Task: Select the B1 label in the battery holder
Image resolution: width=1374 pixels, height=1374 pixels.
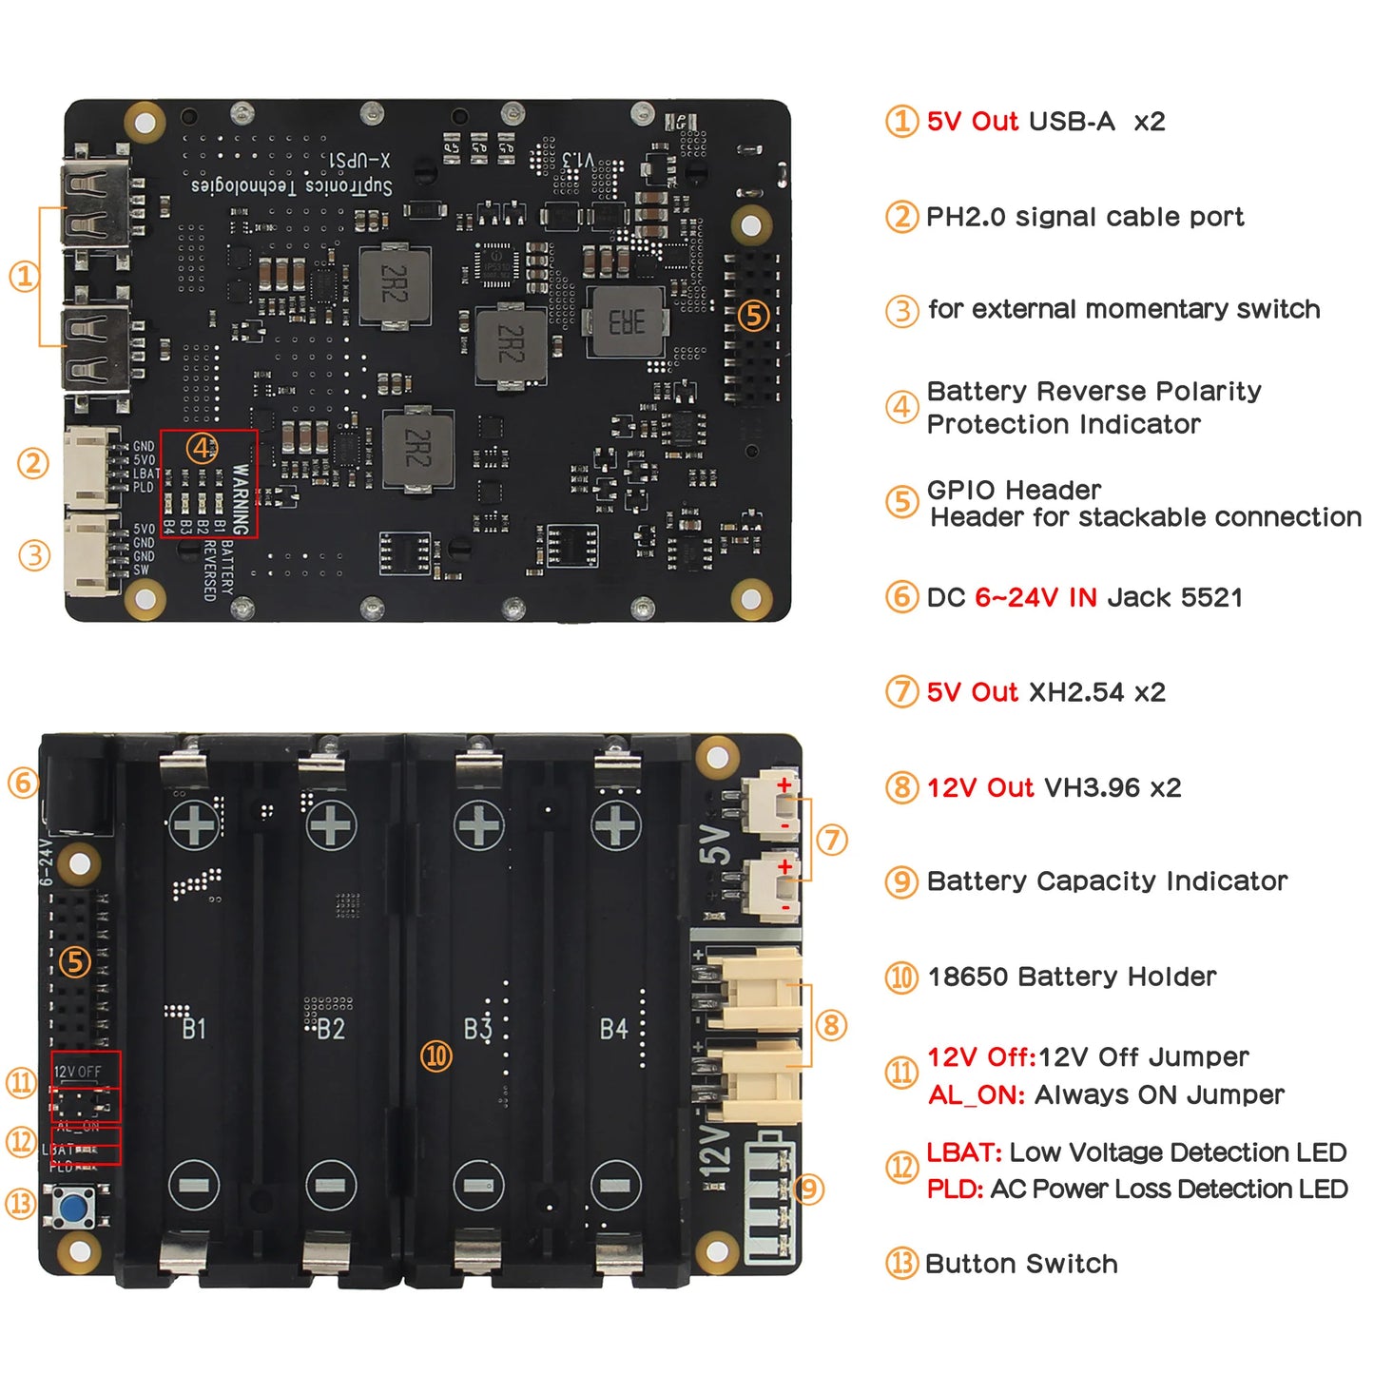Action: tap(193, 1029)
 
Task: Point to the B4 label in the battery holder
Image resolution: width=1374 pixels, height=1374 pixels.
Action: tap(613, 1029)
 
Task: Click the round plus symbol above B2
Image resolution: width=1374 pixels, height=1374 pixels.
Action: tap(331, 824)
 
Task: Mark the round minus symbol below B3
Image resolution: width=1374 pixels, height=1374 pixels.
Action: tap(478, 1185)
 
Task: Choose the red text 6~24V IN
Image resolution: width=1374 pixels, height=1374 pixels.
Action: tap(1035, 597)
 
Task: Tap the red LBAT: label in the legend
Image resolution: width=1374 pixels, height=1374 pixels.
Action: tap(963, 1152)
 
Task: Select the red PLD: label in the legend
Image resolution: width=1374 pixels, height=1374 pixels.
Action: tap(955, 1190)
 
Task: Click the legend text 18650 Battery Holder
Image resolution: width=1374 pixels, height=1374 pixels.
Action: tap(1072, 977)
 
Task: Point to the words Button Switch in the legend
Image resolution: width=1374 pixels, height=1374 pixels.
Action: tap(1021, 1264)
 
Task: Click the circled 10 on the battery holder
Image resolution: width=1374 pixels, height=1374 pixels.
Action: tap(436, 1055)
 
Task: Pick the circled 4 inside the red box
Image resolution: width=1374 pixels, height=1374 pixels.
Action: tap(202, 448)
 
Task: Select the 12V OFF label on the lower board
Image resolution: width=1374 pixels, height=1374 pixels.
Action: tap(78, 1072)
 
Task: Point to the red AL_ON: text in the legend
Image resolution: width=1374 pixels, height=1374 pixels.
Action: tap(977, 1095)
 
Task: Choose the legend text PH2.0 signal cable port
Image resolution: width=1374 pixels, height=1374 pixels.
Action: tap(1085, 217)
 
